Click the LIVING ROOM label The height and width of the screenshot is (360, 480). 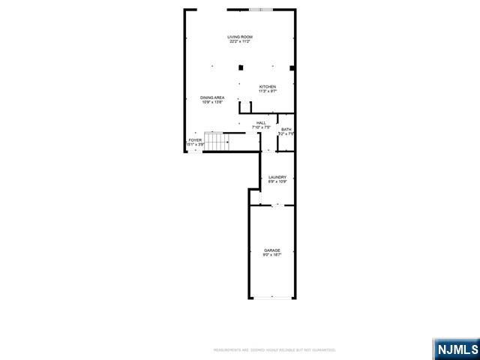coord(240,37)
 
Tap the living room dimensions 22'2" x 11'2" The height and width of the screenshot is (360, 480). coord(240,41)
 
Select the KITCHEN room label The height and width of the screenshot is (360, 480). coord(268,86)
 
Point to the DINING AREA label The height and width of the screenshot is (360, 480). coord(212,97)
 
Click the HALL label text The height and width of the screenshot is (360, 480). coord(261,123)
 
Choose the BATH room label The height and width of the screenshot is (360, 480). coord(286,130)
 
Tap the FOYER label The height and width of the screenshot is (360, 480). coord(195,139)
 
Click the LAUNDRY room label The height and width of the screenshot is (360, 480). coord(277,177)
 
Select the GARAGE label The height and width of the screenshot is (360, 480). coord(271,250)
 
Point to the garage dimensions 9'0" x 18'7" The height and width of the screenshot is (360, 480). coord(271,255)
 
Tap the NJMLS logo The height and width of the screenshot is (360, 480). coord(454,349)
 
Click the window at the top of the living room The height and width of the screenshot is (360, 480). coord(262,10)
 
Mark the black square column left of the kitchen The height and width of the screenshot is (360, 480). coord(241,66)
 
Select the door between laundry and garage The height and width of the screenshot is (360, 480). coord(276,204)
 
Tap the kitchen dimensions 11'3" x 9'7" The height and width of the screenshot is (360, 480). coord(268,91)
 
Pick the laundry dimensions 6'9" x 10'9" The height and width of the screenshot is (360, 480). coord(277,181)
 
